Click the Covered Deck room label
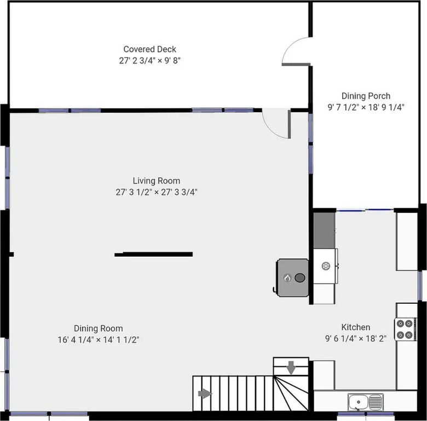coord(149,49)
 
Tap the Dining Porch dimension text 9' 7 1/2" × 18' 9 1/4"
coord(366,107)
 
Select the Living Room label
coord(157,181)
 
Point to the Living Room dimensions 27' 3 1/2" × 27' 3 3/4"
coord(157,192)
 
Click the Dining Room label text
coord(99,328)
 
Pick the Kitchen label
coord(356,327)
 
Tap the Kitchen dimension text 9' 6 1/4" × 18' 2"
coord(356,338)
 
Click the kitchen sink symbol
coord(366,402)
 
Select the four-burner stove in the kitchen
coord(405,329)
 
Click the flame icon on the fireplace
coord(287,278)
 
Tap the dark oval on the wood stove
coord(300,278)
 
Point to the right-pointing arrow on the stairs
coord(205,394)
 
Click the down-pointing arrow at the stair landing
coord(291,368)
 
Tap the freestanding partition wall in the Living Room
coord(154,255)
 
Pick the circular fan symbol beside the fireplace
coord(326,266)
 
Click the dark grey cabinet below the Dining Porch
coord(324,230)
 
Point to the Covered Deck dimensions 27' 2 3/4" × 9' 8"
coord(150,60)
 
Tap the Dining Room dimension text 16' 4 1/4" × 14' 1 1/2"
coord(99,340)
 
